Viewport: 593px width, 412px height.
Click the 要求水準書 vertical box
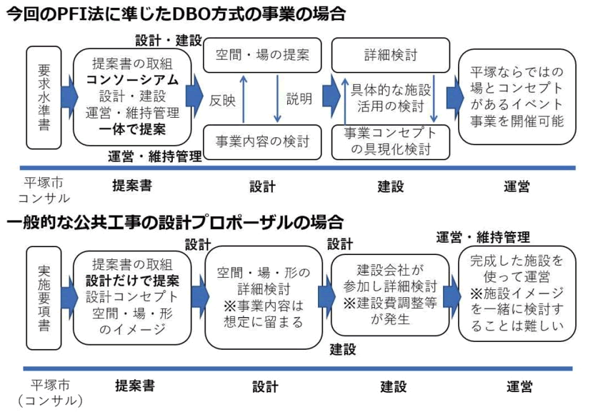pyautogui.click(x=44, y=98)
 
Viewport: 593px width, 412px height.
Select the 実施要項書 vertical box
pyautogui.click(x=44, y=298)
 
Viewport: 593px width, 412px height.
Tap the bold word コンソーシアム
pyautogui.click(x=132, y=80)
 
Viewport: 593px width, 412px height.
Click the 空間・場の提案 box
pyautogui.click(x=262, y=55)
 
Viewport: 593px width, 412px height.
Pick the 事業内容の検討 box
pyautogui.click(x=262, y=142)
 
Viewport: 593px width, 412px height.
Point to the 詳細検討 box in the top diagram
pyautogui.click(x=391, y=55)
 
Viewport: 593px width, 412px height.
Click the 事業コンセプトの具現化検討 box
pyautogui.click(x=391, y=142)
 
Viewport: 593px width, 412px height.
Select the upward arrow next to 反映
pyautogui.click(x=244, y=99)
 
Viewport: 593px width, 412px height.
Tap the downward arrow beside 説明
pyautogui.click(x=277, y=99)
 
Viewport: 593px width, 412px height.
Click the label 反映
pyautogui.click(x=222, y=101)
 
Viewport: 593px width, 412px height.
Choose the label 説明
pyautogui.click(x=299, y=99)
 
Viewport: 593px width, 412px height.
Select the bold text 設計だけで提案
pyautogui.click(x=132, y=281)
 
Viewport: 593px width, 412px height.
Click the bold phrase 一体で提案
pyautogui.click(x=132, y=129)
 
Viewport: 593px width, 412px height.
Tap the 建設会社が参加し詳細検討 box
pyautogui.click(x=390, y=295)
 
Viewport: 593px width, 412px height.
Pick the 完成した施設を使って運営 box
pyautogui.click(x=517, y=293)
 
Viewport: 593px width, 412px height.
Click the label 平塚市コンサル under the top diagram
pyautogui.click(x=44, y=191)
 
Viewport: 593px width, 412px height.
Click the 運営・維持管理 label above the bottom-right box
pyautogui.click(x=483, y=237)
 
